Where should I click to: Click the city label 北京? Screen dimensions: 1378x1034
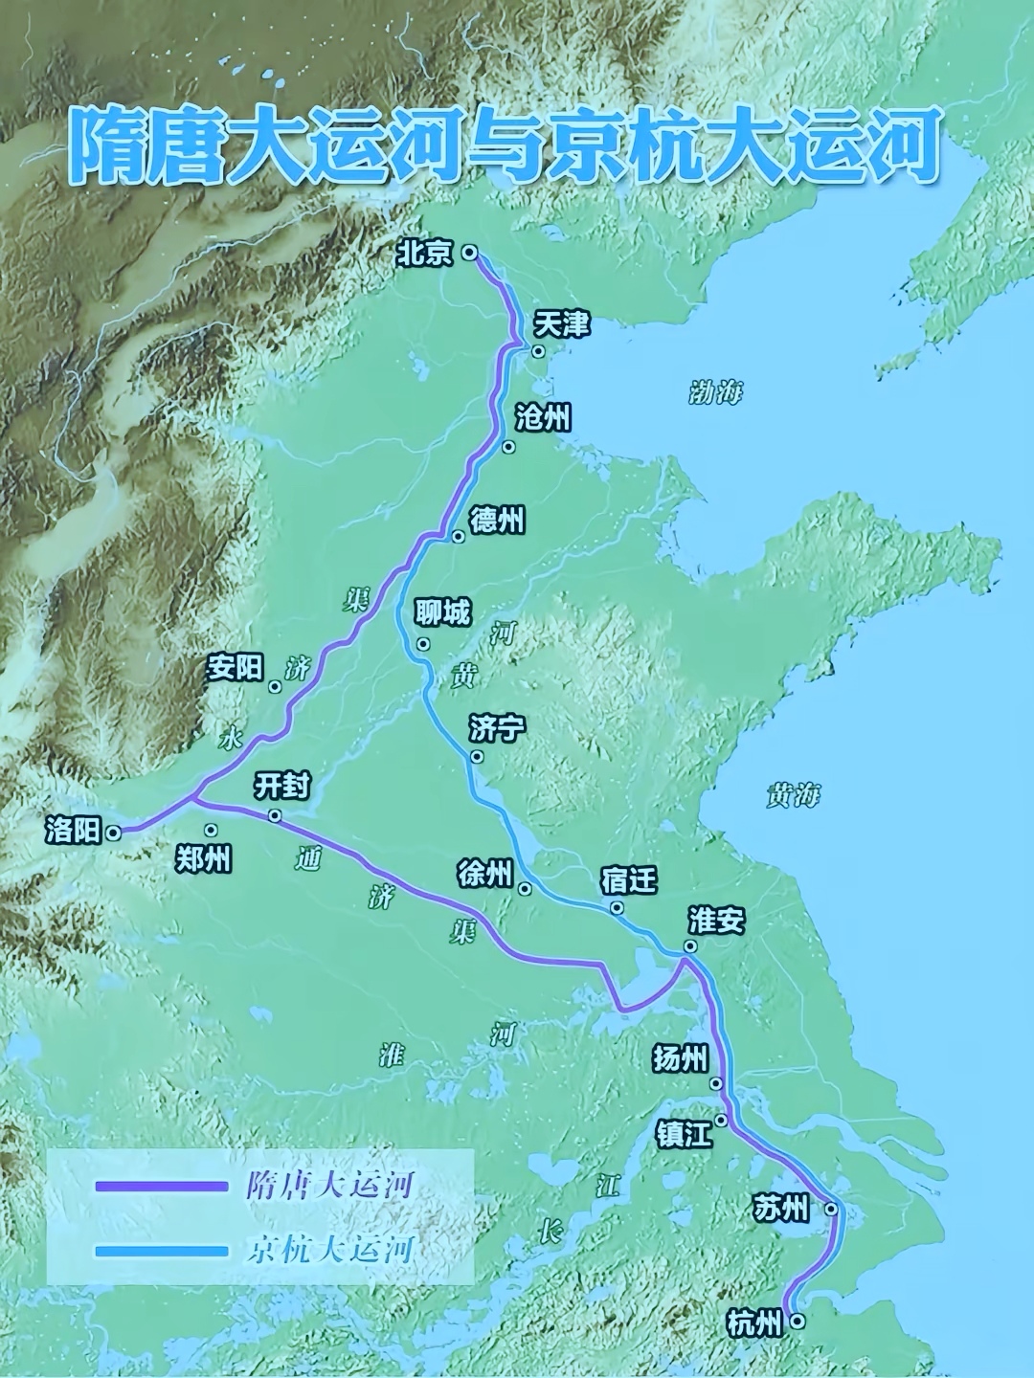point(425,254)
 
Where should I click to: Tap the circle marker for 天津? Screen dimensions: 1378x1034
point(538,351)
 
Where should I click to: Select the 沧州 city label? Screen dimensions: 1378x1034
point(543,418)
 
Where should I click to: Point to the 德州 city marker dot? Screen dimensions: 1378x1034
point(458,536)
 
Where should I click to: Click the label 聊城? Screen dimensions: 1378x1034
point(443,612)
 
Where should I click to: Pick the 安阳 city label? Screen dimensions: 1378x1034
point(235,667)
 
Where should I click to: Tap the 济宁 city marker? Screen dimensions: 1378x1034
point(477,757)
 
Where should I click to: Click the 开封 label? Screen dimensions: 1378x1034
point(281,787)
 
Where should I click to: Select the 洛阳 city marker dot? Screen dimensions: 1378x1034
point(113,833)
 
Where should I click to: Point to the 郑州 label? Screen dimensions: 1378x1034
point(203,859)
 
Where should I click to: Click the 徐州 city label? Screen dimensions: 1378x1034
point(485,874)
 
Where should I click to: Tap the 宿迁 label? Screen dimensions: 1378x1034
point(629,879)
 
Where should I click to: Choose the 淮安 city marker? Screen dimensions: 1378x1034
point(689,946)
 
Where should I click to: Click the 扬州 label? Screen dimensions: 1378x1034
point(681,1058)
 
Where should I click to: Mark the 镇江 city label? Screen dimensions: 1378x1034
point(684,1135)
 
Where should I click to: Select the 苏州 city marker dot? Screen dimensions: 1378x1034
point(831,1210)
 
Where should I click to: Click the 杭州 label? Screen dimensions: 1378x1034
point(754,1323)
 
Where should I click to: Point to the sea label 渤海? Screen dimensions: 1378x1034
point(716,392)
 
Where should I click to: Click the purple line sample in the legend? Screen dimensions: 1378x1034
point(161,1187)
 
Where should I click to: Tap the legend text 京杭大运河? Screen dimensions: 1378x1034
point(329,1250)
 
